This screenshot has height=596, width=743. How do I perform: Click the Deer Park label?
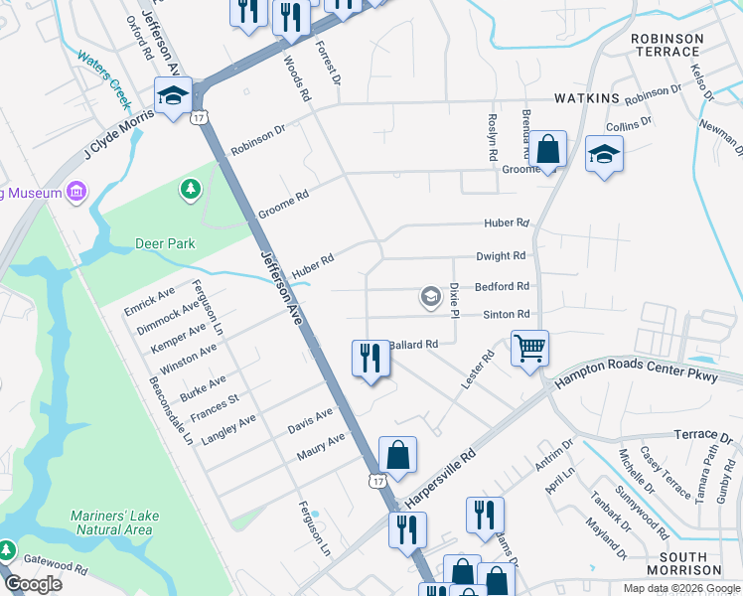[x=165, y=243]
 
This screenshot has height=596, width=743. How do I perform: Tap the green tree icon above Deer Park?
[x=190, y=189]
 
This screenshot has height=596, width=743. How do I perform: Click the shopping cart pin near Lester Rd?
[x=530, y=349]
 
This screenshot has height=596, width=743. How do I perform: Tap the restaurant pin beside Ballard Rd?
[x=371, y=358]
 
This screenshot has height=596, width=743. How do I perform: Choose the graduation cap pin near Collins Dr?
[x=604, y=155]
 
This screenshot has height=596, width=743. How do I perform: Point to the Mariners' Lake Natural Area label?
[x=111, y=522]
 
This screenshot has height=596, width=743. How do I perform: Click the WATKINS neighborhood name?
[x=587, y=98]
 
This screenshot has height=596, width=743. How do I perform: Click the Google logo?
[x=34, y=583]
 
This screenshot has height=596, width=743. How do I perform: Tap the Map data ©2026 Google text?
[x=680, y=588]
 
